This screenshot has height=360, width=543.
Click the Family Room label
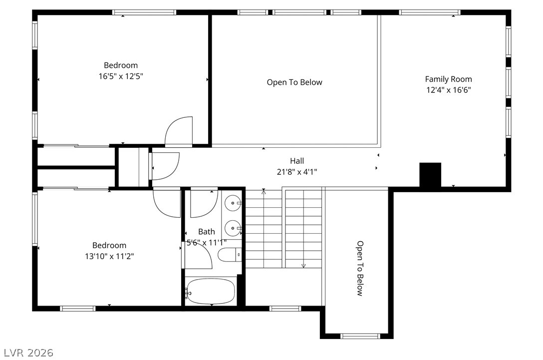tap(449, 79)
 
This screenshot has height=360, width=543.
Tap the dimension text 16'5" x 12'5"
tap(121, 76)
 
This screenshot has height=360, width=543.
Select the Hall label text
tap(297, 161)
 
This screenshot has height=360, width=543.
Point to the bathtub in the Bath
tap(211, 292)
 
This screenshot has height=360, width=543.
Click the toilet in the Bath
tap(230, 255)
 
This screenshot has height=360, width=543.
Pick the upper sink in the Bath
tap(233, 203)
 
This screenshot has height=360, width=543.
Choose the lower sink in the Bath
tap(233, 228)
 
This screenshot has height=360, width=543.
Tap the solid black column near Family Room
tap(430, 175)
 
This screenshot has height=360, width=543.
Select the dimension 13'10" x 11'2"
tap(109, 257)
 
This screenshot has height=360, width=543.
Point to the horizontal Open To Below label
tap(294, 82)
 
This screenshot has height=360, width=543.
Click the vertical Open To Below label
tap(360, 269)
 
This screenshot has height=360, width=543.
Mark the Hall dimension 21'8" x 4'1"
tap(297, 172)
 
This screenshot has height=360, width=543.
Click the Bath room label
tap(207, 232)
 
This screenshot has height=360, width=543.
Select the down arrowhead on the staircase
tap(304, 266)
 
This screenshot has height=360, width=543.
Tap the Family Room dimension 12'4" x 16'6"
tap(449, 90)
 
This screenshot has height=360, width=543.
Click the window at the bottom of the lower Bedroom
tap(78, 309)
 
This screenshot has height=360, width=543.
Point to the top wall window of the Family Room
tap(430, 12)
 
